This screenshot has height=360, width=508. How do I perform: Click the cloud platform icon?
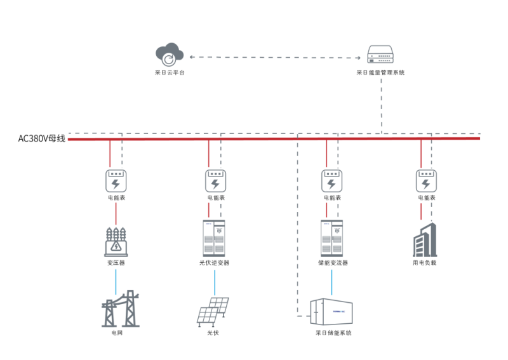169,55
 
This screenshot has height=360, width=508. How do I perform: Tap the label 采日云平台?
169,72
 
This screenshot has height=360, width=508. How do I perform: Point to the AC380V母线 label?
42,138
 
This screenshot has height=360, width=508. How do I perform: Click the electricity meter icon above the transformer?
116,180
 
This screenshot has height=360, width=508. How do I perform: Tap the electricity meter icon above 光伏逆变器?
215,180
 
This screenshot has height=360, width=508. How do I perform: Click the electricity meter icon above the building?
426,180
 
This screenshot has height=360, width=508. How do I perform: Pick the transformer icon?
116,241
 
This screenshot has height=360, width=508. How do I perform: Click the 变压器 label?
116,262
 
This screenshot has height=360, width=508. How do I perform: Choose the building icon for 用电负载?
425,239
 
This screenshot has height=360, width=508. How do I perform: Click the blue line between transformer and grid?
116,280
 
